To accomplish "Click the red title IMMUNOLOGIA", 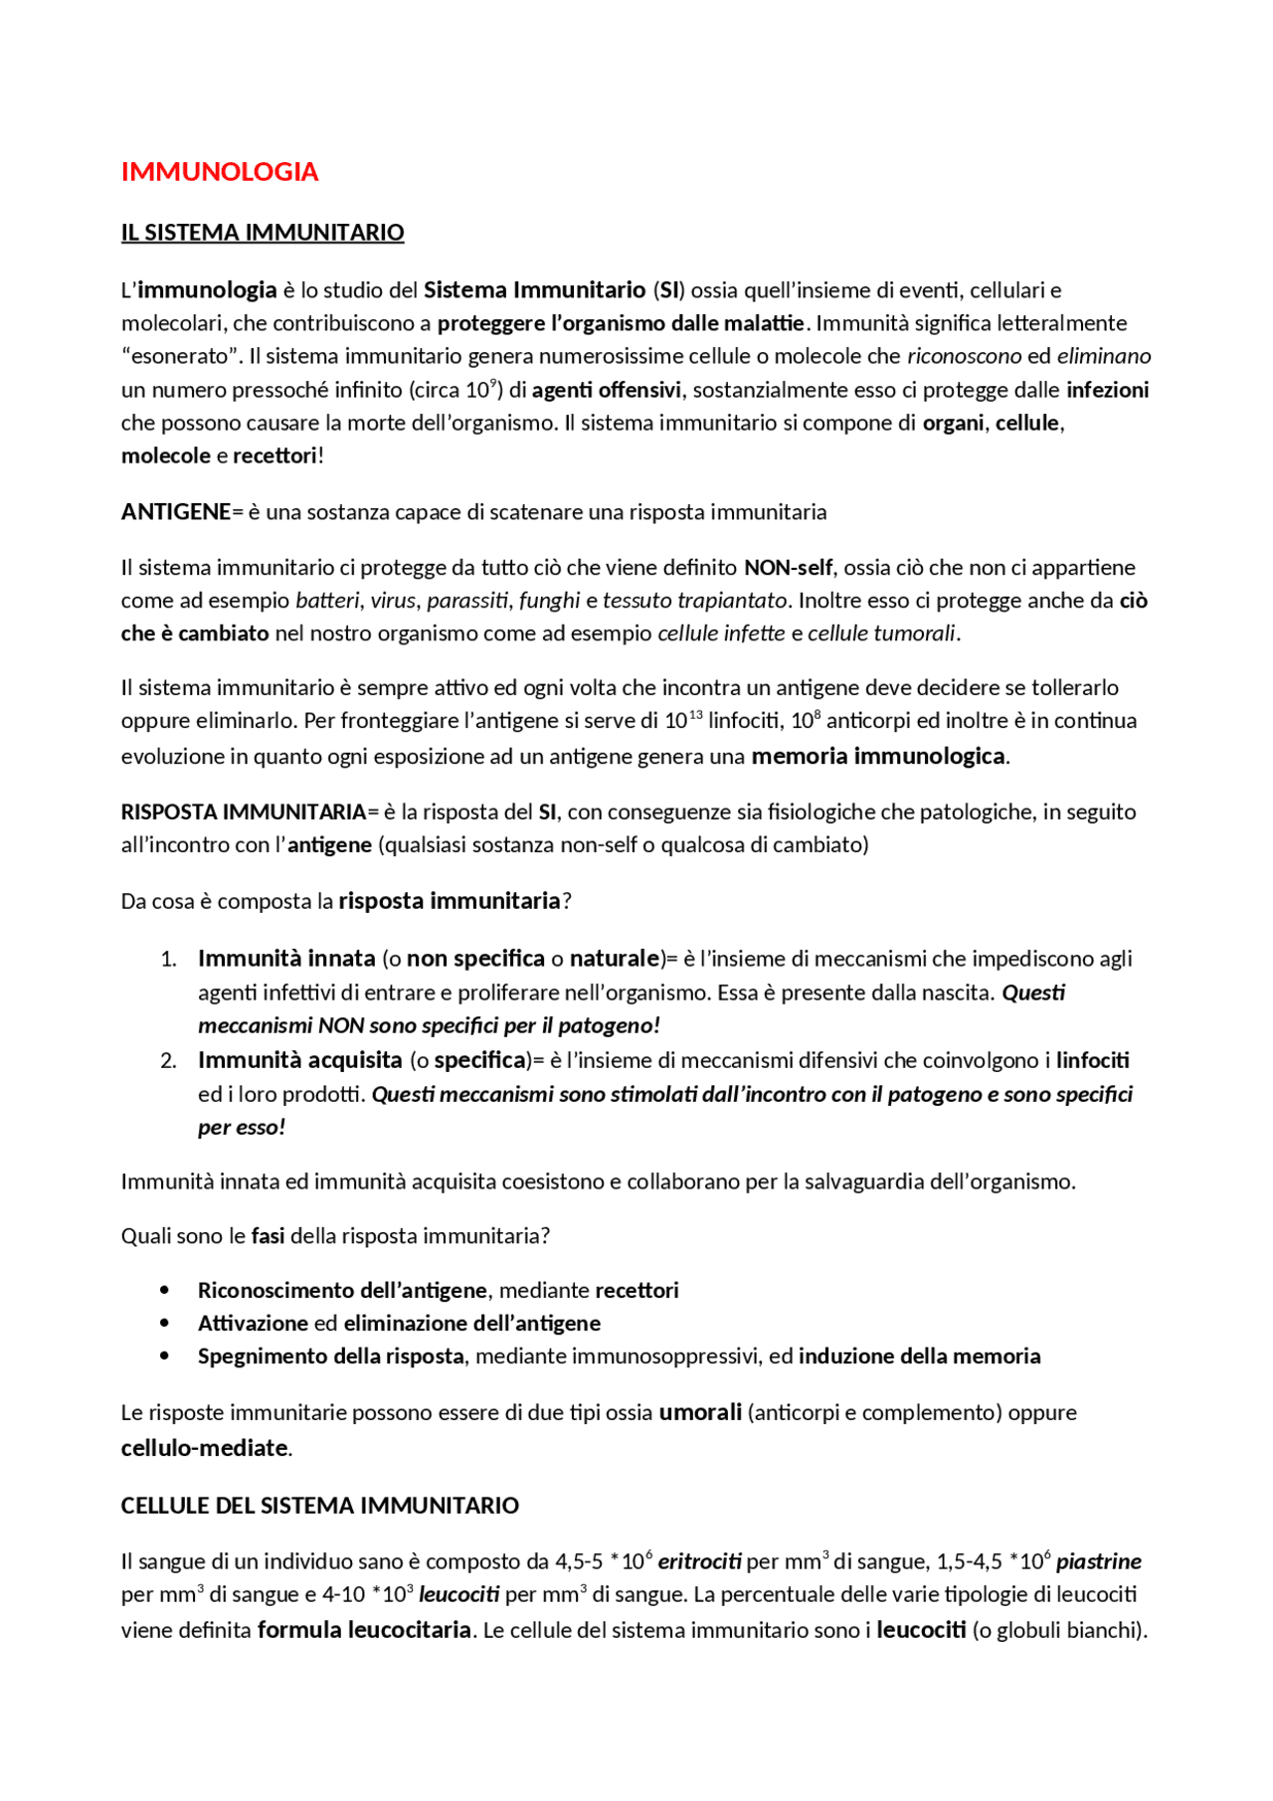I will click(219, 172).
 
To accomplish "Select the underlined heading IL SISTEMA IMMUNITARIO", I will click(263, 233).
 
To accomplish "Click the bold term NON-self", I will click(788, 568).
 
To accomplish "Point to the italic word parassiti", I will click(467, 601).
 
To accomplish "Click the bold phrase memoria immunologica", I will click(878, 756).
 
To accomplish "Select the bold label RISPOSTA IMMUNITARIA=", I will click(244, 811).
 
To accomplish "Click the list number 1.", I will click(168, 959).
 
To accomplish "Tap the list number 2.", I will click(168, 1061).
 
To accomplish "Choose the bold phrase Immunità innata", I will click(286, 959).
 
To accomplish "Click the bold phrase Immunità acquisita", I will click(299, 1060).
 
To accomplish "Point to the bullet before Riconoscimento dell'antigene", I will click(165, 1291).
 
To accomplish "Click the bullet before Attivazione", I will click(165, 1324).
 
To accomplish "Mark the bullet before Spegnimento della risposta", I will click(165, 1356).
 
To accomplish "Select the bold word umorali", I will click(700, 1412).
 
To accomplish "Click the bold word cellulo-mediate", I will click(205, 1448).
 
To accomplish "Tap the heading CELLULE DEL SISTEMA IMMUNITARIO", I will click(320, 1506).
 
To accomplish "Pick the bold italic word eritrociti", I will click(699, 1561).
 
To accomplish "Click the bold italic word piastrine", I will click(1098, 1561).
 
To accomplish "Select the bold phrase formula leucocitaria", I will click(364, 1630).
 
